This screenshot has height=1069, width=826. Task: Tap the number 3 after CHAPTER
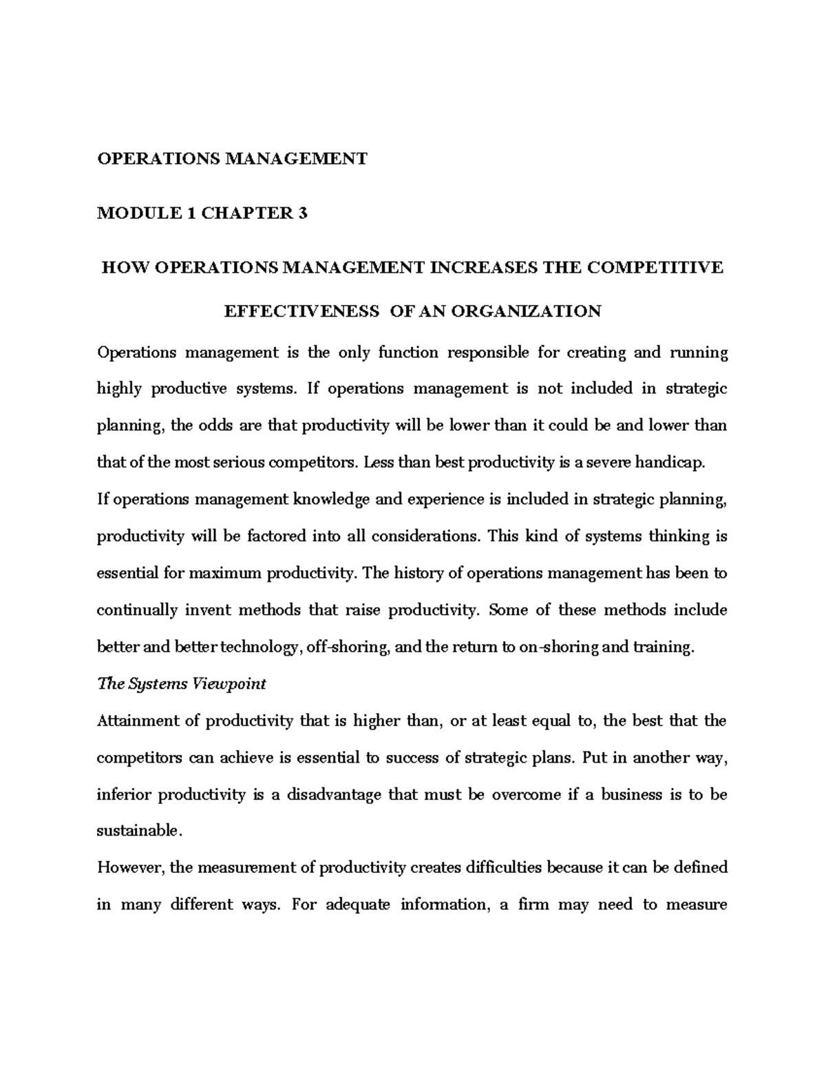[302, 213]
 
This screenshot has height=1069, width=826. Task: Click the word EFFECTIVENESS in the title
[301, 311]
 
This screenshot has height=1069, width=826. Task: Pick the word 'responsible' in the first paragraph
[489, 353]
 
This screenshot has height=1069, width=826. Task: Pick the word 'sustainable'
[138, 831]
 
